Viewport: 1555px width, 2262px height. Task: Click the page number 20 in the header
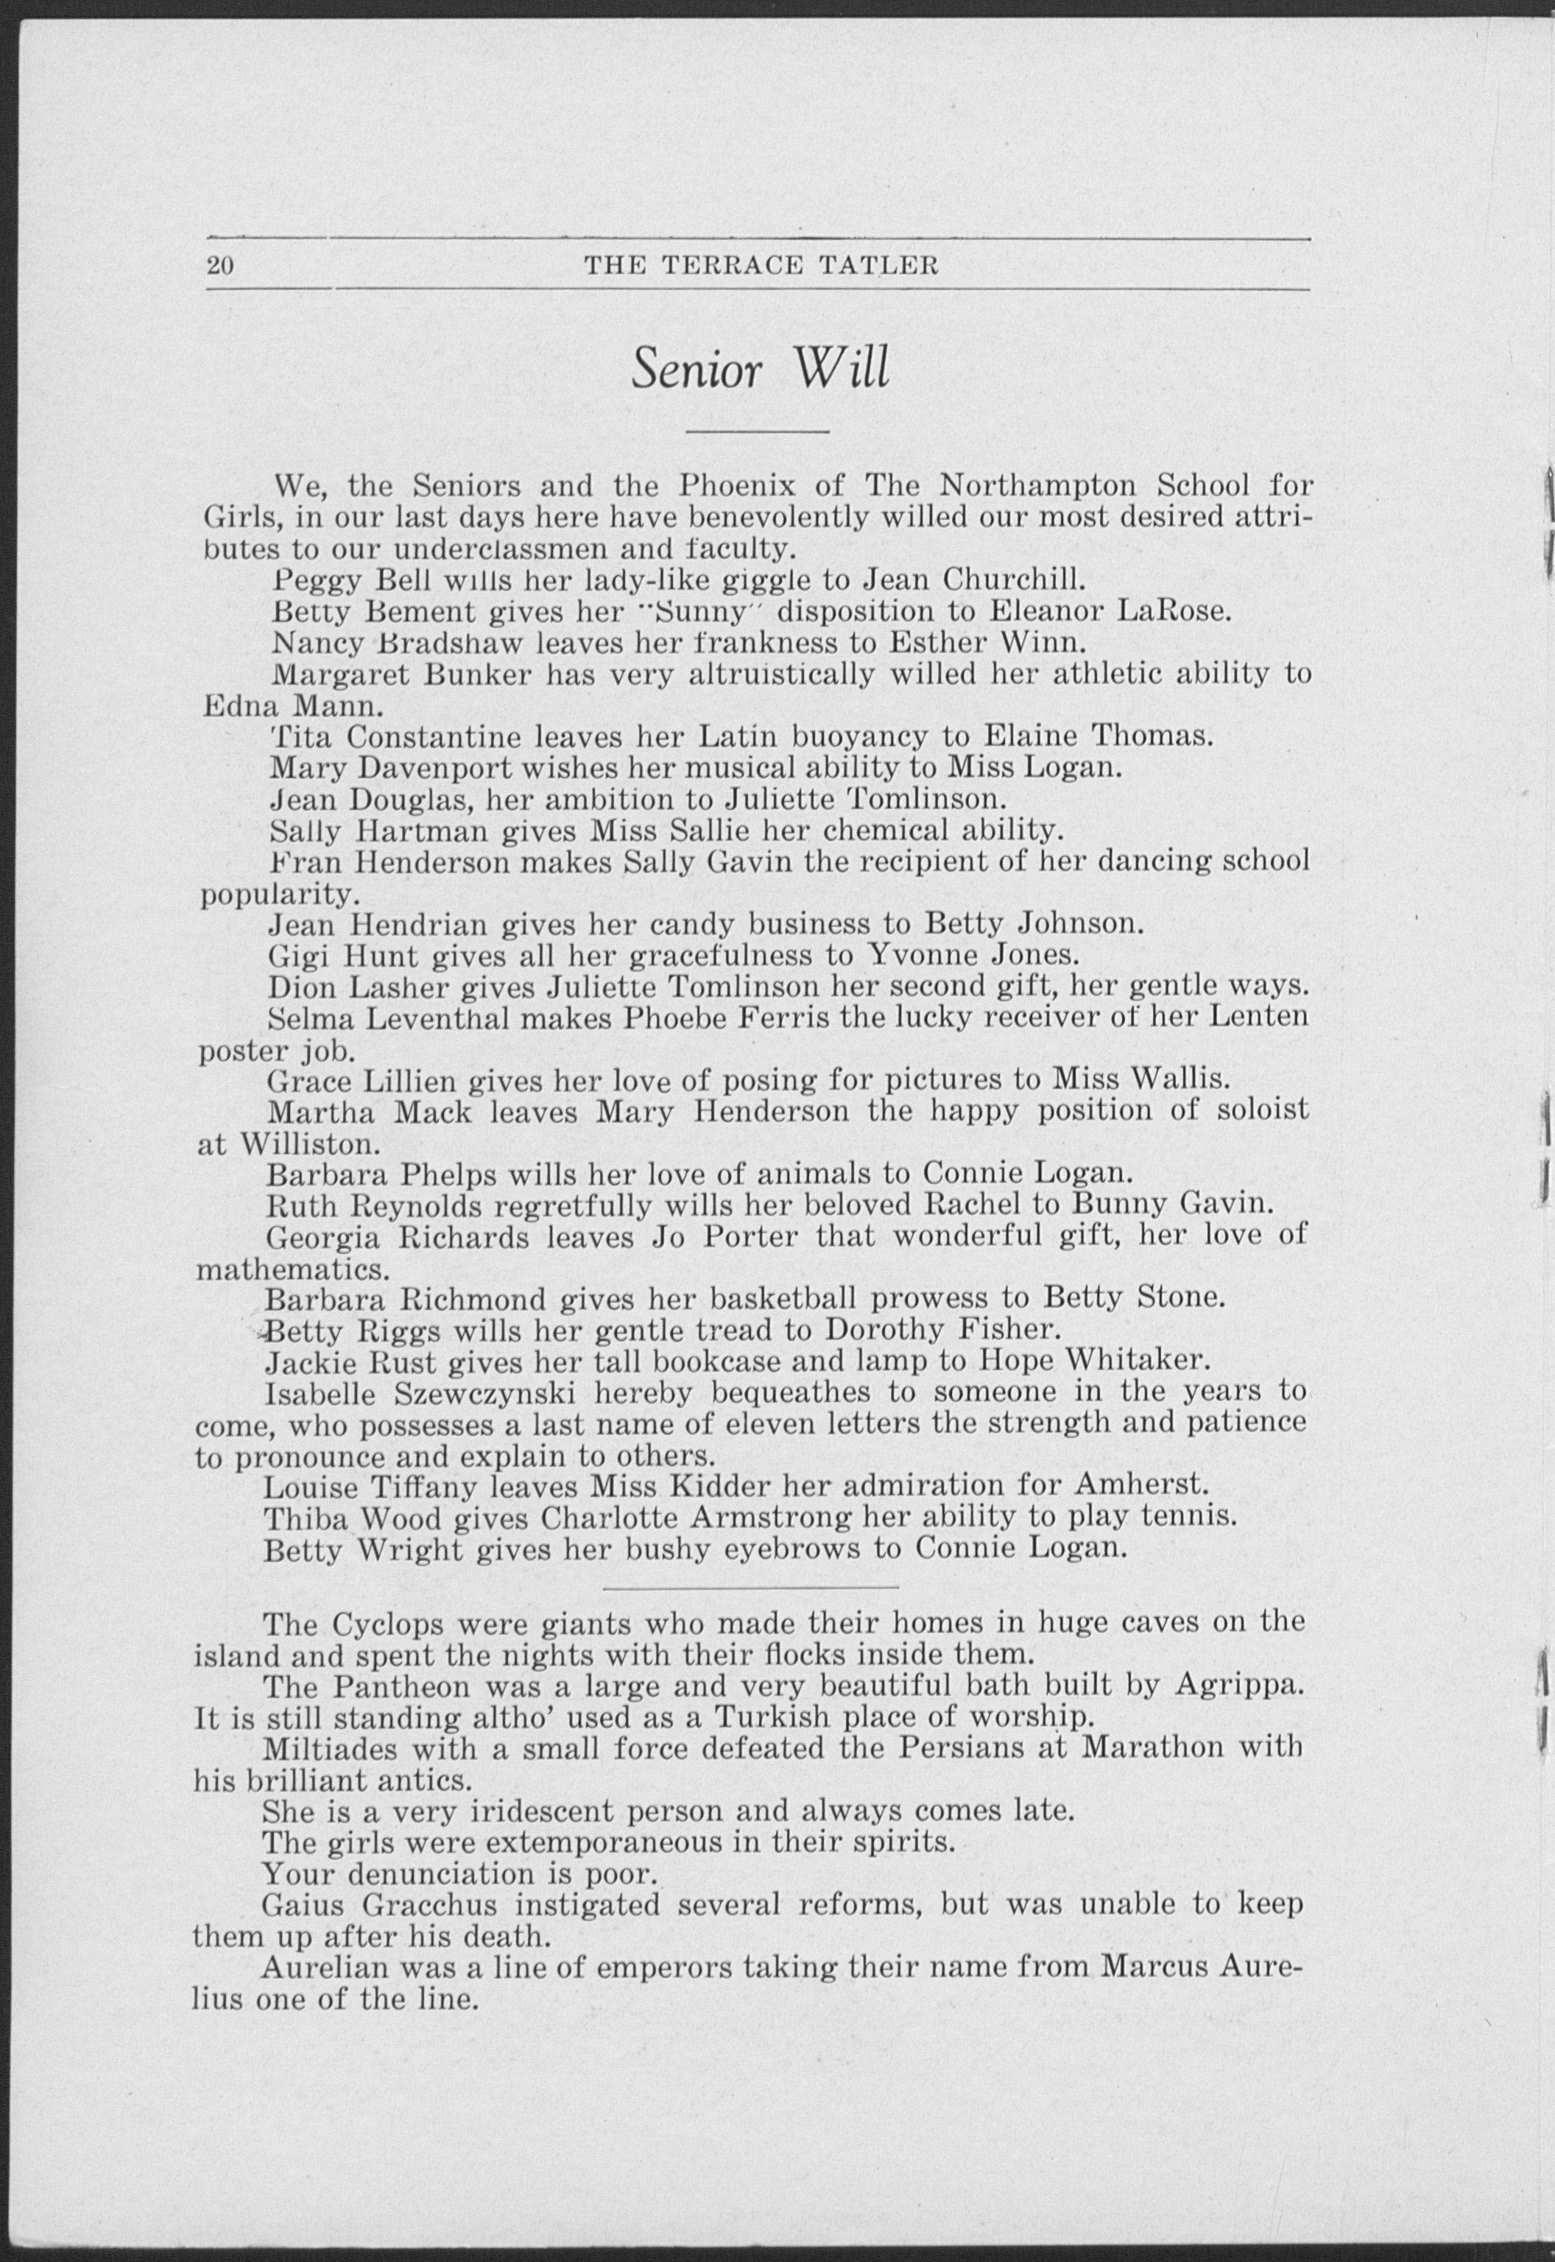[x=220, y=265]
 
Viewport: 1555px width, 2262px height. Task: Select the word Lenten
[x=1265, y=1018]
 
